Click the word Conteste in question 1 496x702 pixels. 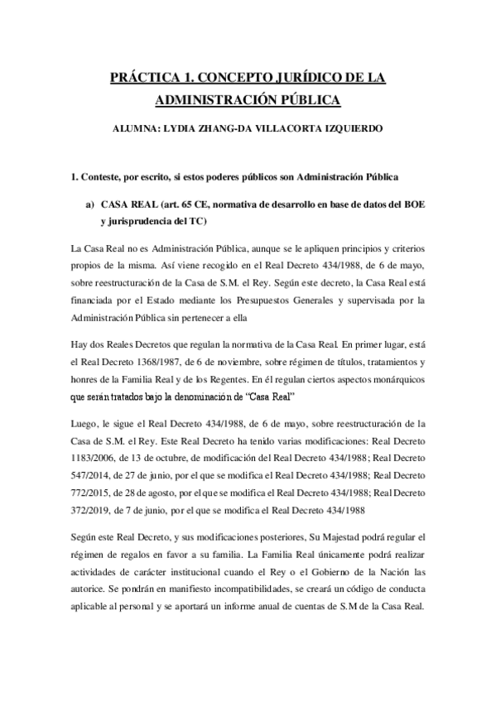(x=110, y=177)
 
